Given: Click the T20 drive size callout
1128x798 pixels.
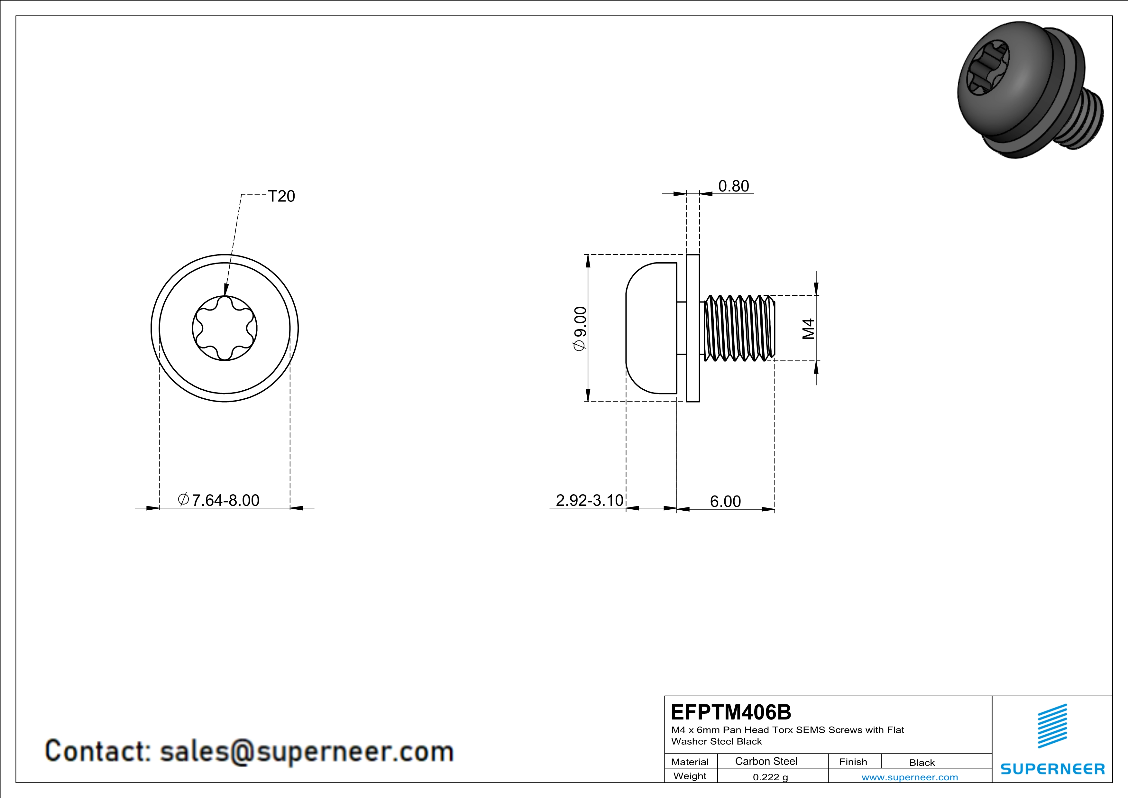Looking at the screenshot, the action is tap(281, 196).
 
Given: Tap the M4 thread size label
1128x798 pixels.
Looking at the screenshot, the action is tap(808, 329).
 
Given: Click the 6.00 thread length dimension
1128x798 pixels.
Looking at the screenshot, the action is tap(725, 501).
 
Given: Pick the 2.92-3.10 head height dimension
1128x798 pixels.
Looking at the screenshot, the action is tap(589, 500).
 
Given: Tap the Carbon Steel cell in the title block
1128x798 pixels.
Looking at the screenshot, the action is tap(766, 761).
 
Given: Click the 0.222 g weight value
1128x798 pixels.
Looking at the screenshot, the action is tap(770, 777).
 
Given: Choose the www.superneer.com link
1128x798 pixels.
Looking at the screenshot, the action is tap(909, 777).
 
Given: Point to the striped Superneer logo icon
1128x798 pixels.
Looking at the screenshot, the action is tap(1052, 726).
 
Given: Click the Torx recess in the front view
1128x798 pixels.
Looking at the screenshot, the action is tap(225, 328).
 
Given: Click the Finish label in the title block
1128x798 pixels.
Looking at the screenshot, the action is tap(853, 762).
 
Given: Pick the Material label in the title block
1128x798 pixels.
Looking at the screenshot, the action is tap(690, 762).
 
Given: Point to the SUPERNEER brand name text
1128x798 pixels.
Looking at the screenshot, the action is tap(1052, 768).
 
